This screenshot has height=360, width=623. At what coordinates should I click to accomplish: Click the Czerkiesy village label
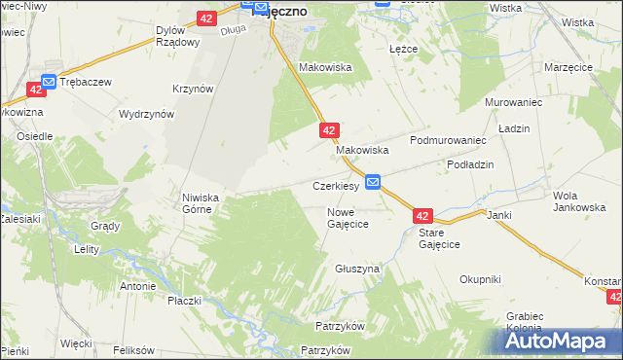click(336, 185)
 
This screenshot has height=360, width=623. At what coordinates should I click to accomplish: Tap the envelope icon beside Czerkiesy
click(374, 183)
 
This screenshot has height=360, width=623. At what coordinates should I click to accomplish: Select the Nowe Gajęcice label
click(347, 217)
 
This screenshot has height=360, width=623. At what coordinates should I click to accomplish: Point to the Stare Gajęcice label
click(438, 239)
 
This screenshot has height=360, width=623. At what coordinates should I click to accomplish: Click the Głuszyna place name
click(357, 268)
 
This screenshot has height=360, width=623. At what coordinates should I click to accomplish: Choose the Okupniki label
click(481, 279)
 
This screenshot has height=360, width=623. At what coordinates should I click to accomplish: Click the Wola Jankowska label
click(572, 201)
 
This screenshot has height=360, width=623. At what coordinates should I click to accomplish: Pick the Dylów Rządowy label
click(177, 36)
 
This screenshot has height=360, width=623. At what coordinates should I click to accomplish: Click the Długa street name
click(234, 29)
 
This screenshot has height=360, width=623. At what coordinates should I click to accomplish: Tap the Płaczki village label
click(184, 301)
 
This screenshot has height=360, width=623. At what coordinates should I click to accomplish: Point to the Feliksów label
click(134, 349)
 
